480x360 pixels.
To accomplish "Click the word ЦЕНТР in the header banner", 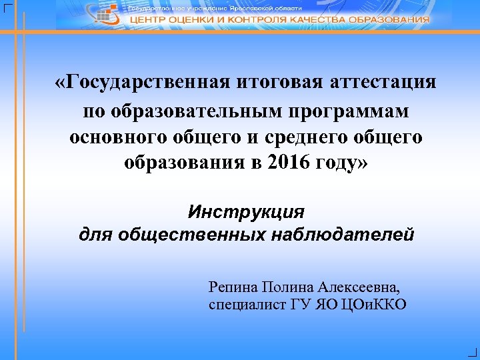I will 148,20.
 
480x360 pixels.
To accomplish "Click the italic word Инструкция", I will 246,212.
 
